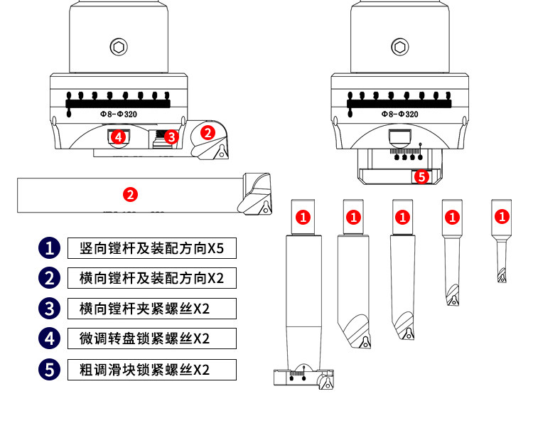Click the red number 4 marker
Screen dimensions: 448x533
[119, 136]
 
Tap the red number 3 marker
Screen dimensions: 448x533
[171, 137]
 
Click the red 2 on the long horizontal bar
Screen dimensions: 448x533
[130, 194]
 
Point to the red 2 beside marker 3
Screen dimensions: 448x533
[207, 132]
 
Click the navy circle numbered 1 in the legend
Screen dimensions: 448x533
[49, 248]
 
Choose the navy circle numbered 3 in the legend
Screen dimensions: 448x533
[49, 308]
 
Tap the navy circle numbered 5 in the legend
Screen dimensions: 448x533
[49, 369]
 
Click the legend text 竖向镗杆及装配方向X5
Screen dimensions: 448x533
[151, 248]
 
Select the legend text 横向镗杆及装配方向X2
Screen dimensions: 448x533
[151, 278]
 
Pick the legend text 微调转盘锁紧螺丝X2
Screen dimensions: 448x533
[151, 338]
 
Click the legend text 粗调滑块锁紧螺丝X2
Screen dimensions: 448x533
[151, 369]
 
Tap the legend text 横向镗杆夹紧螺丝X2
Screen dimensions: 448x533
[151, 309]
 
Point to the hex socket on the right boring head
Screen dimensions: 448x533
[400, 47]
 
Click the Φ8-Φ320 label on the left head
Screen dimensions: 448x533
[119, 114]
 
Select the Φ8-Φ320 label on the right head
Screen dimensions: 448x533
[400, 114]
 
